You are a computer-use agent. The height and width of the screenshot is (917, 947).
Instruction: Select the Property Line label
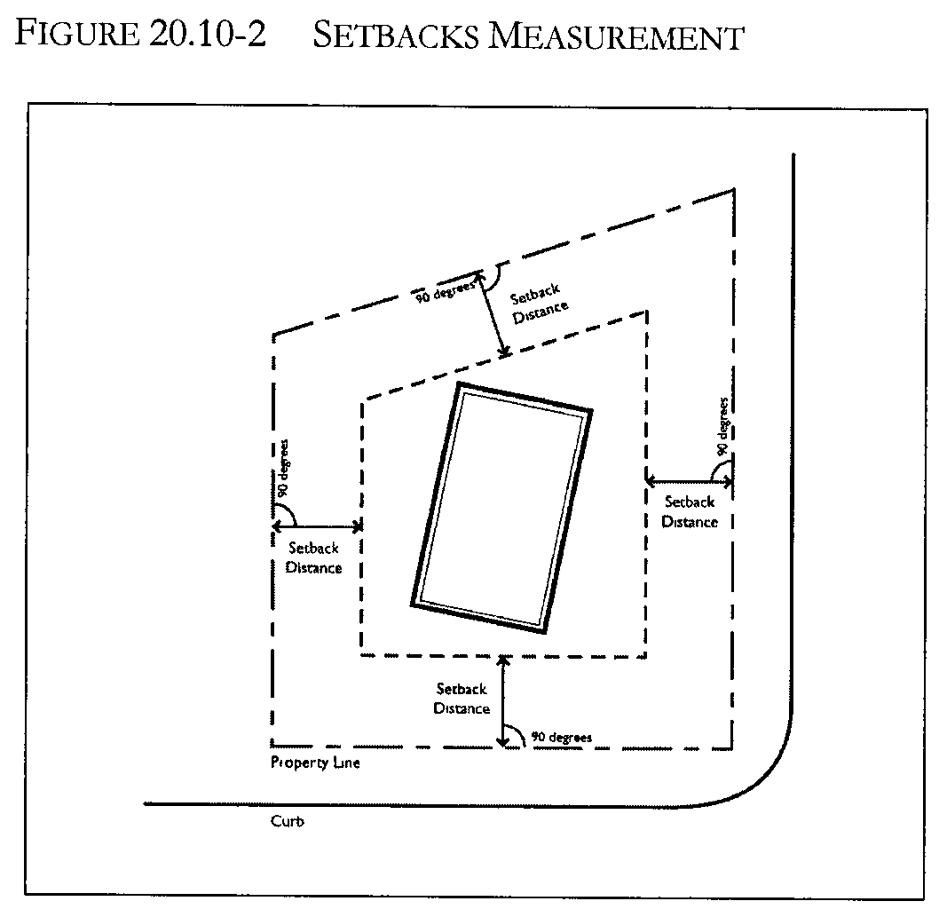(315, 763)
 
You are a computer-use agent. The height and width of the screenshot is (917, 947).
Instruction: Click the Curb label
(288, 822)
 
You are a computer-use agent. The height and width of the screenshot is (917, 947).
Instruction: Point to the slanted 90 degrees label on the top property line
(446, 289)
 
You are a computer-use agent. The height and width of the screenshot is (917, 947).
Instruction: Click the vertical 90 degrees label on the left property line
(282, 468)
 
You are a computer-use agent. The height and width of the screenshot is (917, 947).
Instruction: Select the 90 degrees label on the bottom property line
(561, 738)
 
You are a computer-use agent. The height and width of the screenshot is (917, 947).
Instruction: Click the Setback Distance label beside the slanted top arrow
(539, 302)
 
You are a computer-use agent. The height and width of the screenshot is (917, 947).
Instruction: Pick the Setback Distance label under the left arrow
(313, 558)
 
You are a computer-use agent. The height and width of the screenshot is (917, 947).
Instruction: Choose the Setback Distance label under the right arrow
(690, 512)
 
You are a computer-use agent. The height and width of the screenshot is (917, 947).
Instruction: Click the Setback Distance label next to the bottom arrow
(462, 699)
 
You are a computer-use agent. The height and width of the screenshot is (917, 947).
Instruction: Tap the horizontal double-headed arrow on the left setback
(317, 526)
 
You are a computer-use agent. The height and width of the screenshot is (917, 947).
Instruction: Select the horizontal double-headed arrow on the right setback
(690, 482)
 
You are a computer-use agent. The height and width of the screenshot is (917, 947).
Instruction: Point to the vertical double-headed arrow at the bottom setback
(503, 700)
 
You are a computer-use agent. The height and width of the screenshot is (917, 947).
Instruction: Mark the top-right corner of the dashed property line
(734, 190)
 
